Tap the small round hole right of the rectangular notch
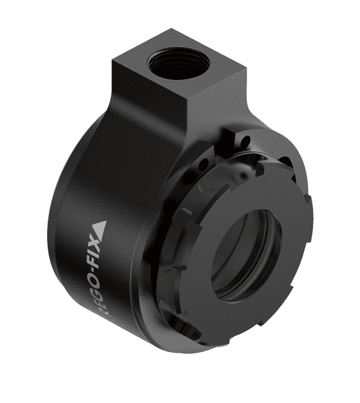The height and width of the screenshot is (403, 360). coord(249,142)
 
